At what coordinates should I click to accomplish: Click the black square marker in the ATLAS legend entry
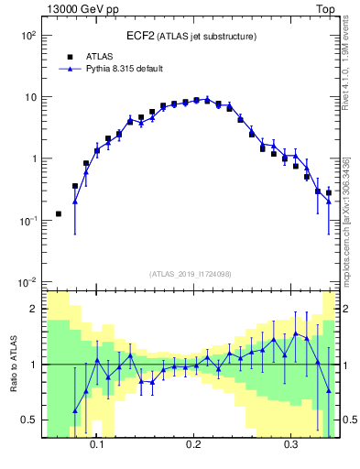click(x=70, y=57)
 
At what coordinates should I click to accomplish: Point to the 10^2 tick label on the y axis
click(x=27, y=35)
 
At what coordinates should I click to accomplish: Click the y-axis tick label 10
click(x=29, y=96)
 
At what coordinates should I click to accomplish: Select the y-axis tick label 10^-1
click(x=27, y=220)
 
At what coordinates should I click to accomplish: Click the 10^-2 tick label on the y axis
click(x=27, y=281)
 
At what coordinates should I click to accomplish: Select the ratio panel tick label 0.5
click(x=29, y=420)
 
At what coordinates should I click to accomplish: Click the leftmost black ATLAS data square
click(x=59, y=213)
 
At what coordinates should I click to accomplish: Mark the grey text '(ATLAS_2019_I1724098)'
click(x=191, y=273)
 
